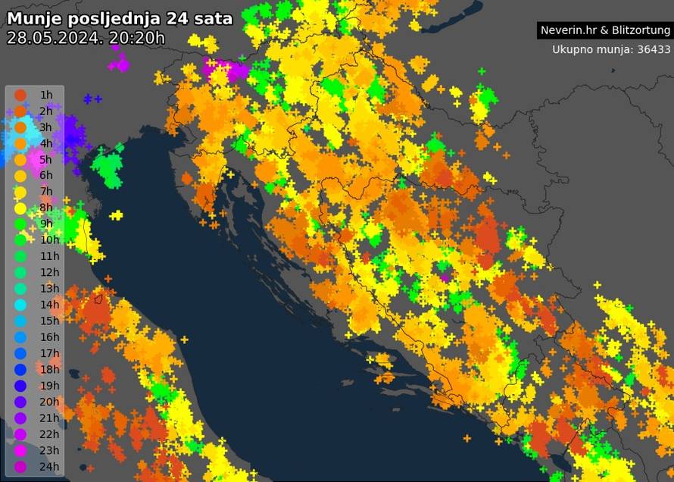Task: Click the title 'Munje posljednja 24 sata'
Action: [119, 19]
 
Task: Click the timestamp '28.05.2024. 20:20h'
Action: [85, 38]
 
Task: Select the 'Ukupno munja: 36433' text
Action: [611, 49]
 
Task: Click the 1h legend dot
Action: [20, 95]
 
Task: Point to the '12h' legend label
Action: [49, 272]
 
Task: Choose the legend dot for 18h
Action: [20, 369]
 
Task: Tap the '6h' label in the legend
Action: [46, 175]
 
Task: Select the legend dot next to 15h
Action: [20, 321]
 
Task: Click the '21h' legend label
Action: [49, 418]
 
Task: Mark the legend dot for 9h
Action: [20, 224]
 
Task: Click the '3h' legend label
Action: [46, 127]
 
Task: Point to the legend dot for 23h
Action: [20, 449]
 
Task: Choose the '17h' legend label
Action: [49, 352]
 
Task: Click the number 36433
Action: [653, 49]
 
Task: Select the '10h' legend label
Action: [49, 239]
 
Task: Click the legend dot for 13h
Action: [20, 288]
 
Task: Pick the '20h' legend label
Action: [49, 401]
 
